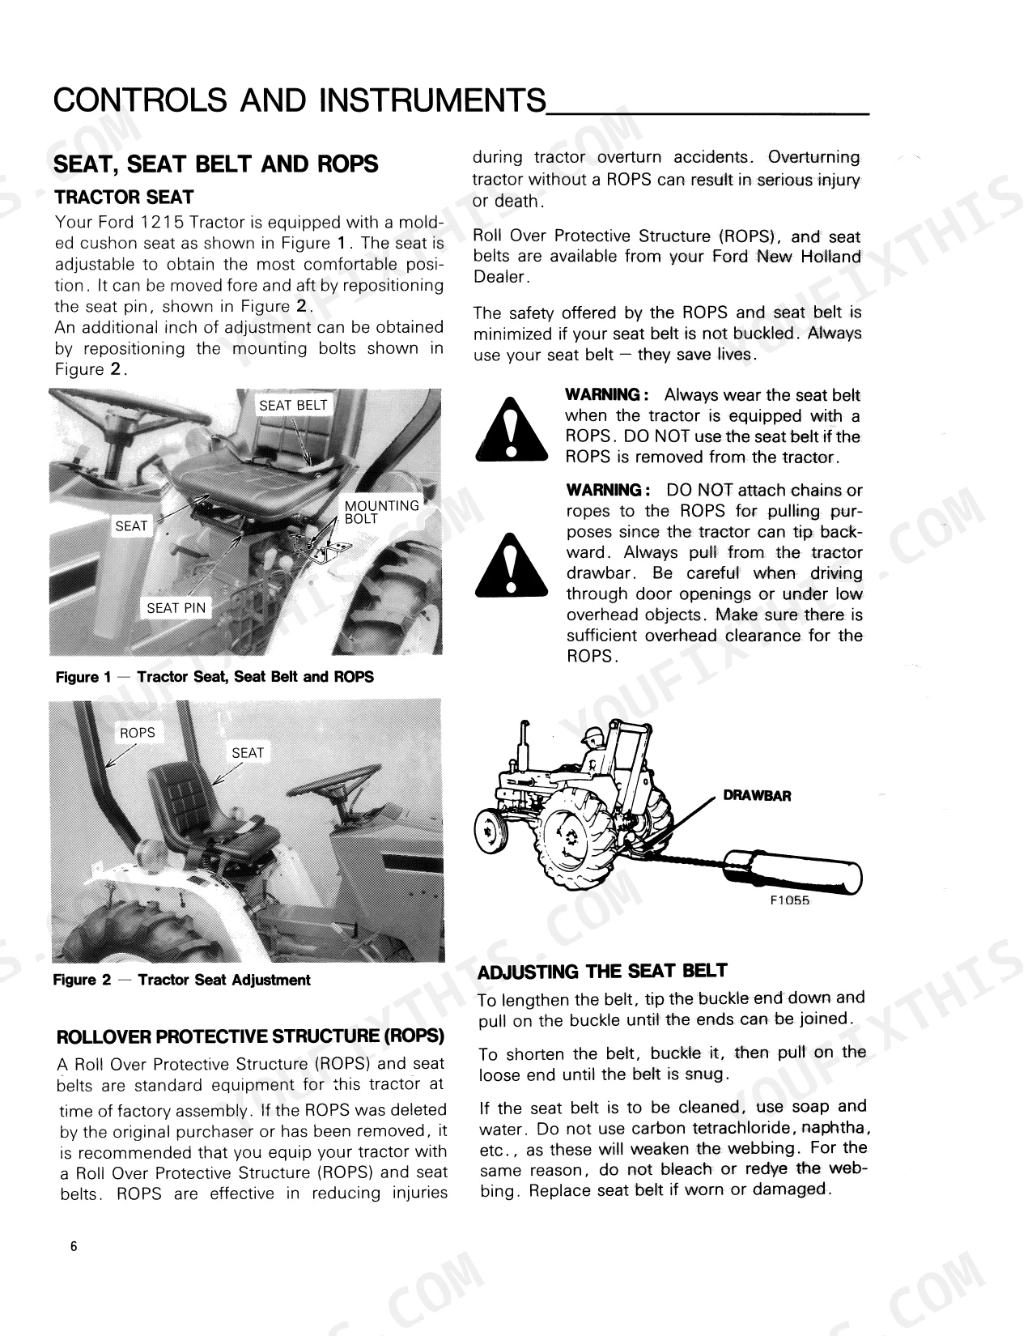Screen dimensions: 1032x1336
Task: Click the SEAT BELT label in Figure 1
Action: pyautogui.click(x=292, y=405)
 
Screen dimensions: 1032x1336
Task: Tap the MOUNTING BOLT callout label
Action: pyautogui.click(x=381, y=512)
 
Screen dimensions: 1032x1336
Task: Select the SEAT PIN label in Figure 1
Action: pyautogui.click(x=176, y=608)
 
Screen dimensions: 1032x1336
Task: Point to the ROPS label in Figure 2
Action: pyautogui.click(x=138, y=733)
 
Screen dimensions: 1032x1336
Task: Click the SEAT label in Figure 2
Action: pyautogui.click(x=248, y=752)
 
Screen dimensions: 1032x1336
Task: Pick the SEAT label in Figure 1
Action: pyautogui.click(x=132, y=525)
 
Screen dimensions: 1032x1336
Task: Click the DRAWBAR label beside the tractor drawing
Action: pyautogui.click(x=757, y=796)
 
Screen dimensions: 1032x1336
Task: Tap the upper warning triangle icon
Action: pyautogui.click(x=512, y=430)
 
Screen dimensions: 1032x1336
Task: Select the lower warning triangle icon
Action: pyautogui.click(x=512, y=565)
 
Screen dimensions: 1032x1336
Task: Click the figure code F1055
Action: pyautogui.click(x=789, y=900)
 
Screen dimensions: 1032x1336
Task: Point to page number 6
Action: pyautogui.click(x=74, y=1246)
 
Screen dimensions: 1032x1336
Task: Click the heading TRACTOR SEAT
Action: pyautogui.click(x=124, y=198)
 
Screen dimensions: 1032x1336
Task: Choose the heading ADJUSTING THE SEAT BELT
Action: pyautogui.click(x=602, y=972)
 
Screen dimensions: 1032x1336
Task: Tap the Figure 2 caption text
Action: pyautogui.click(x=182, y=980)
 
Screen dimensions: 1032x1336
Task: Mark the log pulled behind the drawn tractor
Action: pyautogui.click(x=793, y=872)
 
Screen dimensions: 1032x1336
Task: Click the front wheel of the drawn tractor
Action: pyautogui.click(x=491, y=832)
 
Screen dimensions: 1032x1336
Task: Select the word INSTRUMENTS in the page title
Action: pyautogui.click(x=432, y=100)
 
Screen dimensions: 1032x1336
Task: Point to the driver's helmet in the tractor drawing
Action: pyautogui.click(x=594, y=734)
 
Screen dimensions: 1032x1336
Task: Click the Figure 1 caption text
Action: pyautogui.click(x=214, y=677)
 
